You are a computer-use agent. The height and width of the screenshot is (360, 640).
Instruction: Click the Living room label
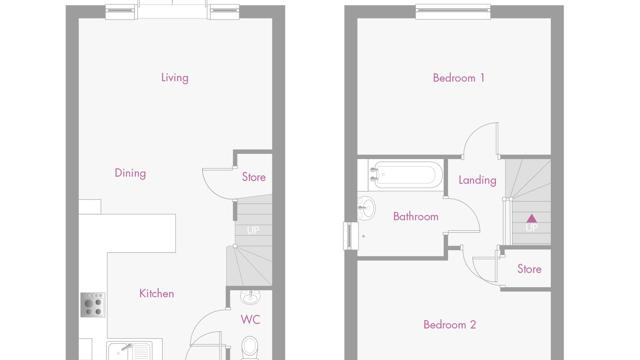coord(175,78)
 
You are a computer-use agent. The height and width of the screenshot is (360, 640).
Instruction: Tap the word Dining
coord(130,173)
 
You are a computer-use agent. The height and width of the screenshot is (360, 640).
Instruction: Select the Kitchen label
coord(157,293)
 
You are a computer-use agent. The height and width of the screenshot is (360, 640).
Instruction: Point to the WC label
coord(250,320)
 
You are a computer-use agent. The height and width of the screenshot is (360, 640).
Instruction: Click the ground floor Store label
coord(253,177)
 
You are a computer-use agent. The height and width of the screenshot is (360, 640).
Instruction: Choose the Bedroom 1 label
coord(459,78)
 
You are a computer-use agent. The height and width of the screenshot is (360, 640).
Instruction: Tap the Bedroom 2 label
coord(449,324)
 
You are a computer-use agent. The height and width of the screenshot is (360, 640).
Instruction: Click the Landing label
coord(477,180)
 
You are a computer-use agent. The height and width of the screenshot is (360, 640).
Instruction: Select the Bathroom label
coord(416,216)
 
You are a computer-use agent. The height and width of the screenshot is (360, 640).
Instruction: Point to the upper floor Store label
coord(529,269)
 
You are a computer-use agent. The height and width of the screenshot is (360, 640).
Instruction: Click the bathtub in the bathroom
coord(405,175)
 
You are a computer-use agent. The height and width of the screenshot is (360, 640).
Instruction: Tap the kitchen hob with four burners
coord(93,305)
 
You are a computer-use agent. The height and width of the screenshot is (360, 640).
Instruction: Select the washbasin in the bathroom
coord(366,208)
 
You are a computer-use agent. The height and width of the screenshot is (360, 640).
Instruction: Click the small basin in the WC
coord(250,297)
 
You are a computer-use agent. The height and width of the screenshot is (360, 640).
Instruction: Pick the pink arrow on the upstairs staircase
coord(531,218)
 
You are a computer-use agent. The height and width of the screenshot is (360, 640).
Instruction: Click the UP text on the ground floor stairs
coord(253,230)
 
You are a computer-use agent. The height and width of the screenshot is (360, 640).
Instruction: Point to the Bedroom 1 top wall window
coord(453,11)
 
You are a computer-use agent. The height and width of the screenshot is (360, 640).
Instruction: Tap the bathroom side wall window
coord(351,236)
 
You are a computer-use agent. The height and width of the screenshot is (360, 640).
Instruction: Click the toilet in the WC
coord(249,348)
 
